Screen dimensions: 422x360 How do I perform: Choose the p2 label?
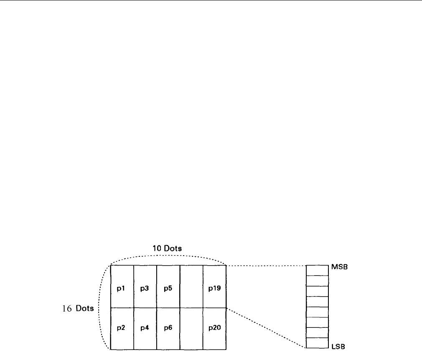(122, 328)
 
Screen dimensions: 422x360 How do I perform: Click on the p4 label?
(145, 328)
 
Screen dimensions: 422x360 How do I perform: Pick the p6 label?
(168, 328)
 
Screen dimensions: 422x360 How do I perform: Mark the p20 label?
(214, 328)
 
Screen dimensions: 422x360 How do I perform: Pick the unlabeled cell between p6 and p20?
(191, 328)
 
